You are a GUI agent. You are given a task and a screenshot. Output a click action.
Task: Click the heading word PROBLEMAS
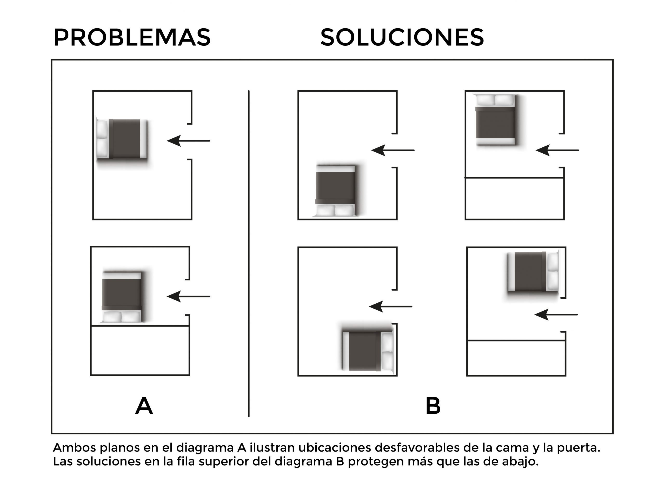[x=132, y=38]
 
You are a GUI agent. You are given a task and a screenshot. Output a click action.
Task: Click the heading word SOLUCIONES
[x=402, y=38]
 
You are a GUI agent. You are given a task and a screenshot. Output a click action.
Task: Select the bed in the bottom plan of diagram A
[x=122, y=297]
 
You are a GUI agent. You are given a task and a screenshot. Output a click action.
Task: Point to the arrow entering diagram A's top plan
[x=189, y=141]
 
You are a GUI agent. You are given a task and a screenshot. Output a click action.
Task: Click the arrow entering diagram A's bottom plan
[x=189, y=296]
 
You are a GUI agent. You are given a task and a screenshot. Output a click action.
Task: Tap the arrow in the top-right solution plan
[x=557, y=150]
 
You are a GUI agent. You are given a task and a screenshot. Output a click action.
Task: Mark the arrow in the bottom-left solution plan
[x=390, y=306]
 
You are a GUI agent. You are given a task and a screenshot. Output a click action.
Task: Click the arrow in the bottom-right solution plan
[x=556, y=315]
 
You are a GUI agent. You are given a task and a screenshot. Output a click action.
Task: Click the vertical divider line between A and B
[x=249, y=254]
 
